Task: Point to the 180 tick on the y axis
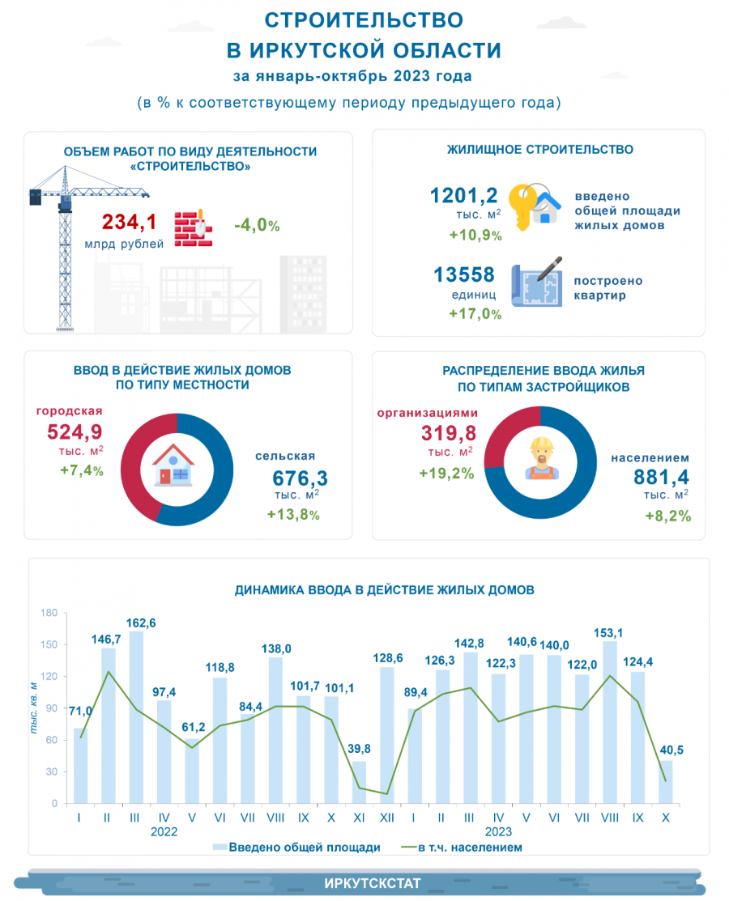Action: pos(49,613)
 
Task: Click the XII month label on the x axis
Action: pos(386,818)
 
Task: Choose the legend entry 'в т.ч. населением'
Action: pos(463,848)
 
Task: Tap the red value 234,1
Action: pos(130,223)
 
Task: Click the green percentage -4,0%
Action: pos(257,225)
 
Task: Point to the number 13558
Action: pos(464,276)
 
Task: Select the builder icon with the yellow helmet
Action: pos(539,458)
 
